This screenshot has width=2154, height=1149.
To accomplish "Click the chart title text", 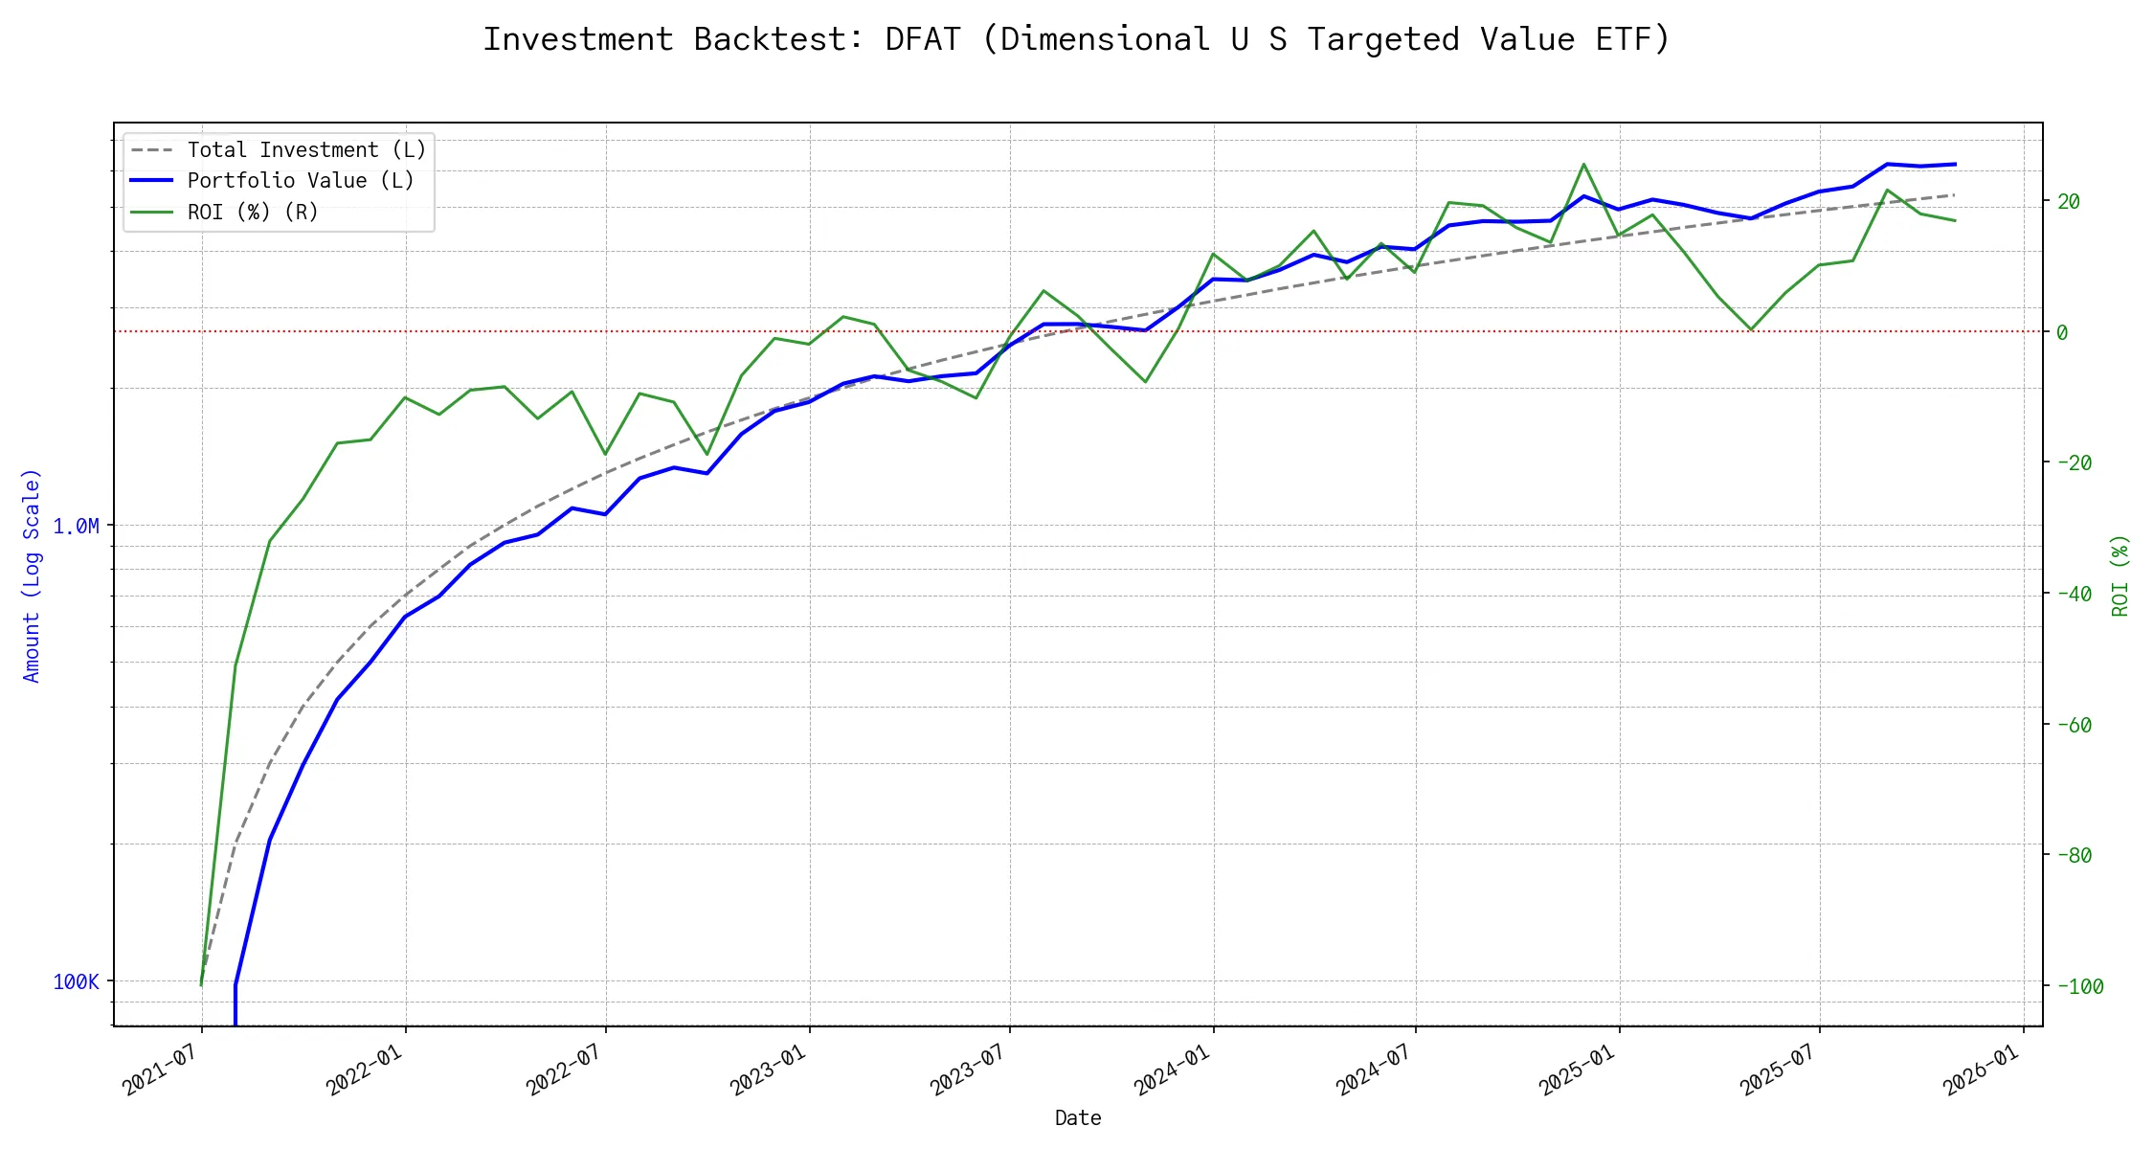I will click(1076, 39).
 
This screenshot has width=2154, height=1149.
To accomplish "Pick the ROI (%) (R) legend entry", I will click(253, 212).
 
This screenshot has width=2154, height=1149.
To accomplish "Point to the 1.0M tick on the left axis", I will click(76, 527).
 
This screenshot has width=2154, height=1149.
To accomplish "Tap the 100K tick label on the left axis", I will click(76, 982).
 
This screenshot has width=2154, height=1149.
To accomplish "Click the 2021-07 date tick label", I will click(160, 1070).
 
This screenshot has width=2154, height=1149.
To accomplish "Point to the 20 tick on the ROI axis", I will click(2069, 202).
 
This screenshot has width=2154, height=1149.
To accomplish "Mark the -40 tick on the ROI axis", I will click(2074, 595).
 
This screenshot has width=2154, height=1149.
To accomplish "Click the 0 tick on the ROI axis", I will click(2062, 333).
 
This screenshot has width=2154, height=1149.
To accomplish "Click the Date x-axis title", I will click(1078, 1118).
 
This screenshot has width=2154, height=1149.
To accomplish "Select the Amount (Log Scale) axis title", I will click(33, 575).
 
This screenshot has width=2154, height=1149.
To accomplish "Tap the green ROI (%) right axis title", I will click(2120, 575).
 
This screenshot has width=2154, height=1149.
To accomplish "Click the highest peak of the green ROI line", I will click(1583, 164).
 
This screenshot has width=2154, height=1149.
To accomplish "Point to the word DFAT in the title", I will click(922, 39).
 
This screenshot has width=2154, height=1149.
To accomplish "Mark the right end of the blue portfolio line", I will click(1954, 165).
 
